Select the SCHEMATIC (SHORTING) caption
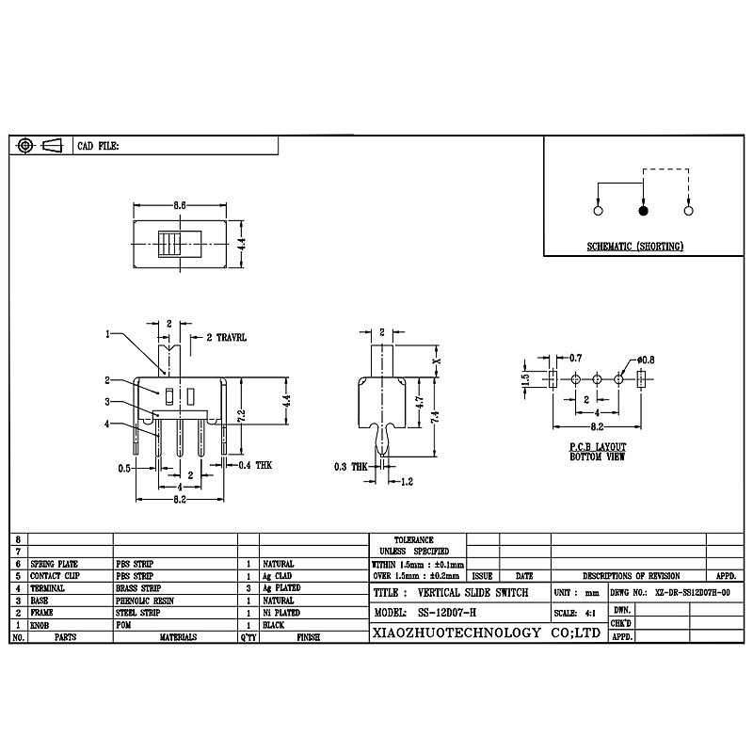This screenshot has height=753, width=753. tap(635, 247)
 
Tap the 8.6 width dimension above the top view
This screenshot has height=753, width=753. tap(179, 204)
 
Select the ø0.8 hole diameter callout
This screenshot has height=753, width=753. tap(646, 359)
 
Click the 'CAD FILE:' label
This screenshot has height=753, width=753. tap(98, 147)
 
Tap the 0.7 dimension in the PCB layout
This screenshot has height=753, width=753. tap(576, 359)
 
